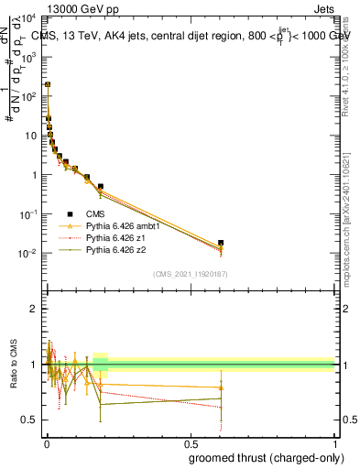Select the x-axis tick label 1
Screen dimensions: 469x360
pos(334,444)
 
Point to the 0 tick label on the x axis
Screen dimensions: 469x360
pos(46,444)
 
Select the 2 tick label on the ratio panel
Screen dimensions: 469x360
pos(35,309)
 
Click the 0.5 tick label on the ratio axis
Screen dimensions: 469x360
pos(31,420)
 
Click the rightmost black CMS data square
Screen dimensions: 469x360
pos(221,243)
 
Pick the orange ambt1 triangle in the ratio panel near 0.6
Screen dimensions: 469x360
pos(221,387)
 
